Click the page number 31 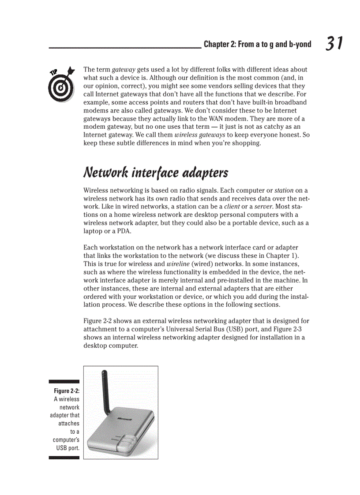click(334, 44)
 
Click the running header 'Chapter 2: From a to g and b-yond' click(257, 45)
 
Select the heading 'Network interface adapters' click(155, 172)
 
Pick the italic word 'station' click(284, 191)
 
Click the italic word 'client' click(232, 207)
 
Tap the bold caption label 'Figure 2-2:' click(67, 391)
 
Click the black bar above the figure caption click(64, 381)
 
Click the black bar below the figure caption click(64, 458)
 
